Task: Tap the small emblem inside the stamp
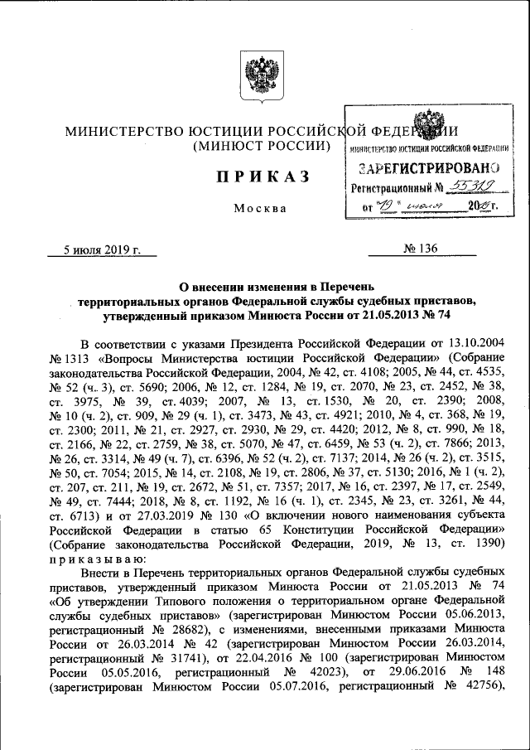(x=426, y=123)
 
